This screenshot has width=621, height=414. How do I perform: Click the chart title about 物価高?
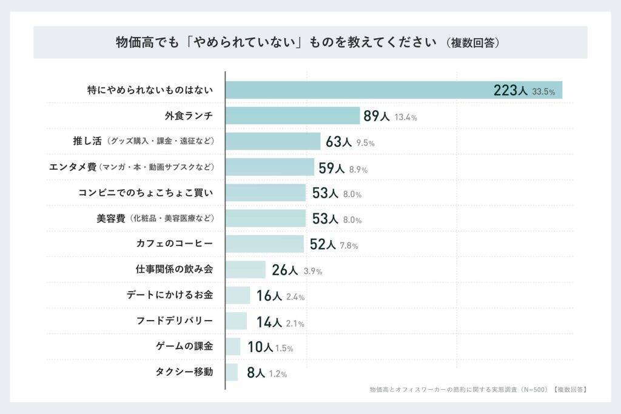276,42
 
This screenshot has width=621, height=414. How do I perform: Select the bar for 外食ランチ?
293,116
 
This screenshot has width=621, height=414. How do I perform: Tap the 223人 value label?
511,90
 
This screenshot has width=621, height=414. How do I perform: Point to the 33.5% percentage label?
543,92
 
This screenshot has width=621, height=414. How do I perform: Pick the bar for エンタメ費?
270,167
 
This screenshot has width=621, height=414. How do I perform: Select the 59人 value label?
331,168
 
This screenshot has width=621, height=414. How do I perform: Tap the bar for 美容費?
266,219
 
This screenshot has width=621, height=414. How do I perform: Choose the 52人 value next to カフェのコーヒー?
323,244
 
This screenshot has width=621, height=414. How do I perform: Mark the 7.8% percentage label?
349,245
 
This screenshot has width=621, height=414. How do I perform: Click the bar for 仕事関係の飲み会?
246,270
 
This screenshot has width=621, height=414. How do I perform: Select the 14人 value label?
269,322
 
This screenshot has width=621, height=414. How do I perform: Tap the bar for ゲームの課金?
233,347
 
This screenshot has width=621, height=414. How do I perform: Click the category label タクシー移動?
184,372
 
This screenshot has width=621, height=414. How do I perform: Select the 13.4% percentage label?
405,118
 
